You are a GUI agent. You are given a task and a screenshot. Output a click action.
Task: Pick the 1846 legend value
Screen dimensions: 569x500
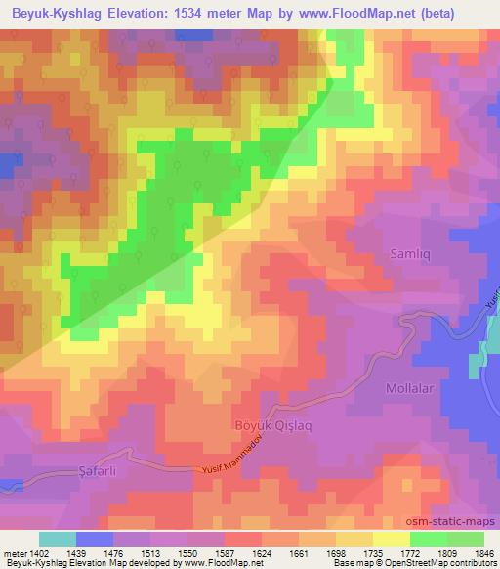(483, 552)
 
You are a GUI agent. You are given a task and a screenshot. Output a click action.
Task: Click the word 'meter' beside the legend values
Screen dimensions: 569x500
(14, 552)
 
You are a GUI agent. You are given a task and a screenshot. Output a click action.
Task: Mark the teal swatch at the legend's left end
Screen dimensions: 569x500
(57, 539)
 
